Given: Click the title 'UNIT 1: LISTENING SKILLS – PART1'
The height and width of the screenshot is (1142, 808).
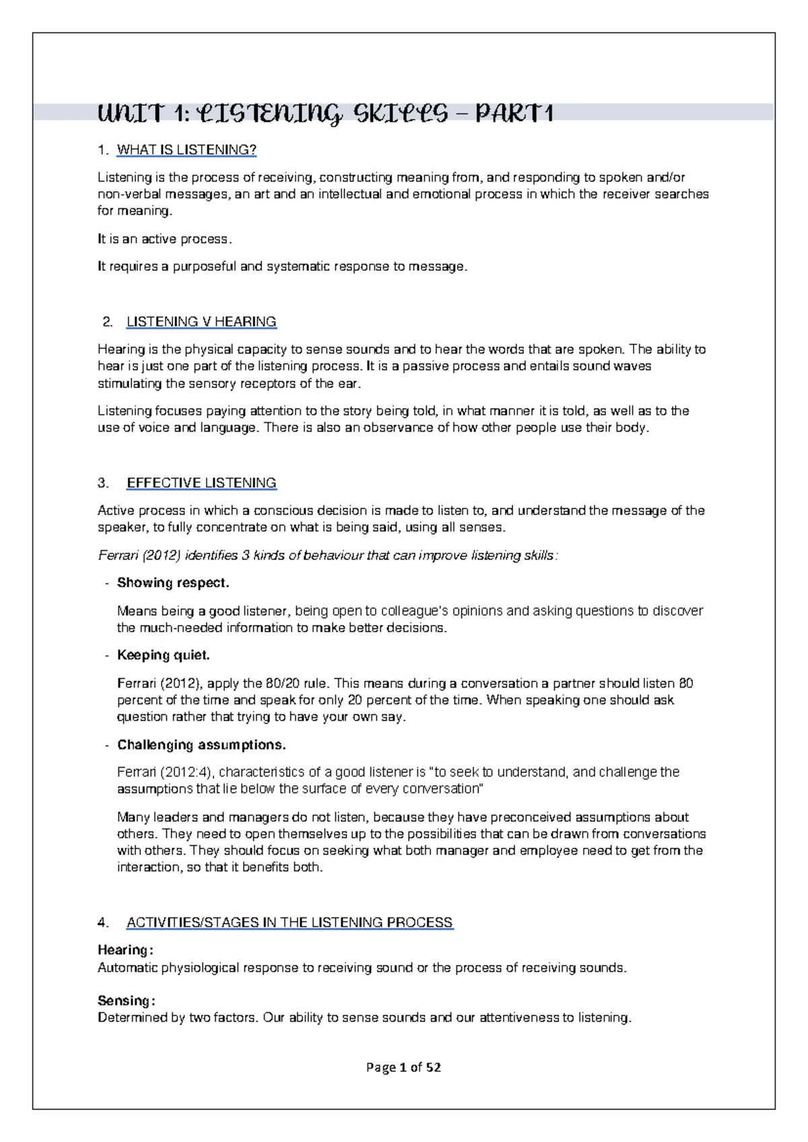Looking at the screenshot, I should pyautogui.click(x=325, y=113).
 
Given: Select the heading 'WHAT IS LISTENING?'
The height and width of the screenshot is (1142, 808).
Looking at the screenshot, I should pyautogui.click(x=187, y=149).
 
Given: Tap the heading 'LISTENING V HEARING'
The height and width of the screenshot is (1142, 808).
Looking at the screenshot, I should pyautogui.click(x=201, y=321).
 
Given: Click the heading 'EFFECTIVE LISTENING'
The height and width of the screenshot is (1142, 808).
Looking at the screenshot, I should pyautogui.click(x=201, y=483).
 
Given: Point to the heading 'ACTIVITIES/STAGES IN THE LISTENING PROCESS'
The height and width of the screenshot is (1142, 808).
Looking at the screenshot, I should pyautogui.click(x=290, y=922).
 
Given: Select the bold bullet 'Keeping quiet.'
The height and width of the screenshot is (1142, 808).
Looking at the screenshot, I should pyautogui.click(x=164, y=654).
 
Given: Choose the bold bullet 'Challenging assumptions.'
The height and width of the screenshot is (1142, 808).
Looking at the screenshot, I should pyautogui.click(x=201, y=745).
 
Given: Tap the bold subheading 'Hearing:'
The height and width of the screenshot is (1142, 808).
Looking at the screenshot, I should pyautogui.click(x=125, y=950).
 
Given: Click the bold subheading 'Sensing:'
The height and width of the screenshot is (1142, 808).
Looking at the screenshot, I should pyautogui.click(x=126, y=1000).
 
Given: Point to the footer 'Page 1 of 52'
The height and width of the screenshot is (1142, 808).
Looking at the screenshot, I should pyautogui.click(x=404, y=1067).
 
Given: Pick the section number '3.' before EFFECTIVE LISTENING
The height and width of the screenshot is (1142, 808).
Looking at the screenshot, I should pyautogui.click(x=103, y=483).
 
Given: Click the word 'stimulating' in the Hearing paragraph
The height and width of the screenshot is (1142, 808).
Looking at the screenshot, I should pyautogui.click(x=130, y=384).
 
